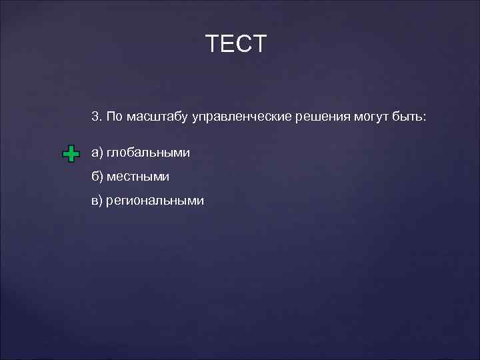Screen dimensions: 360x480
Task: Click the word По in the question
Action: click(114, 117)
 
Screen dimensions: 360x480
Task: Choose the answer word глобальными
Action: click(148, 153)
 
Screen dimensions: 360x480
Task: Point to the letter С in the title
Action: click(245, 44)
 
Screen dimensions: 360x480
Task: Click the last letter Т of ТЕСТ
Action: click(260, 44)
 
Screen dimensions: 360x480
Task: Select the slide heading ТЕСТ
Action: click(237, 44)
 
